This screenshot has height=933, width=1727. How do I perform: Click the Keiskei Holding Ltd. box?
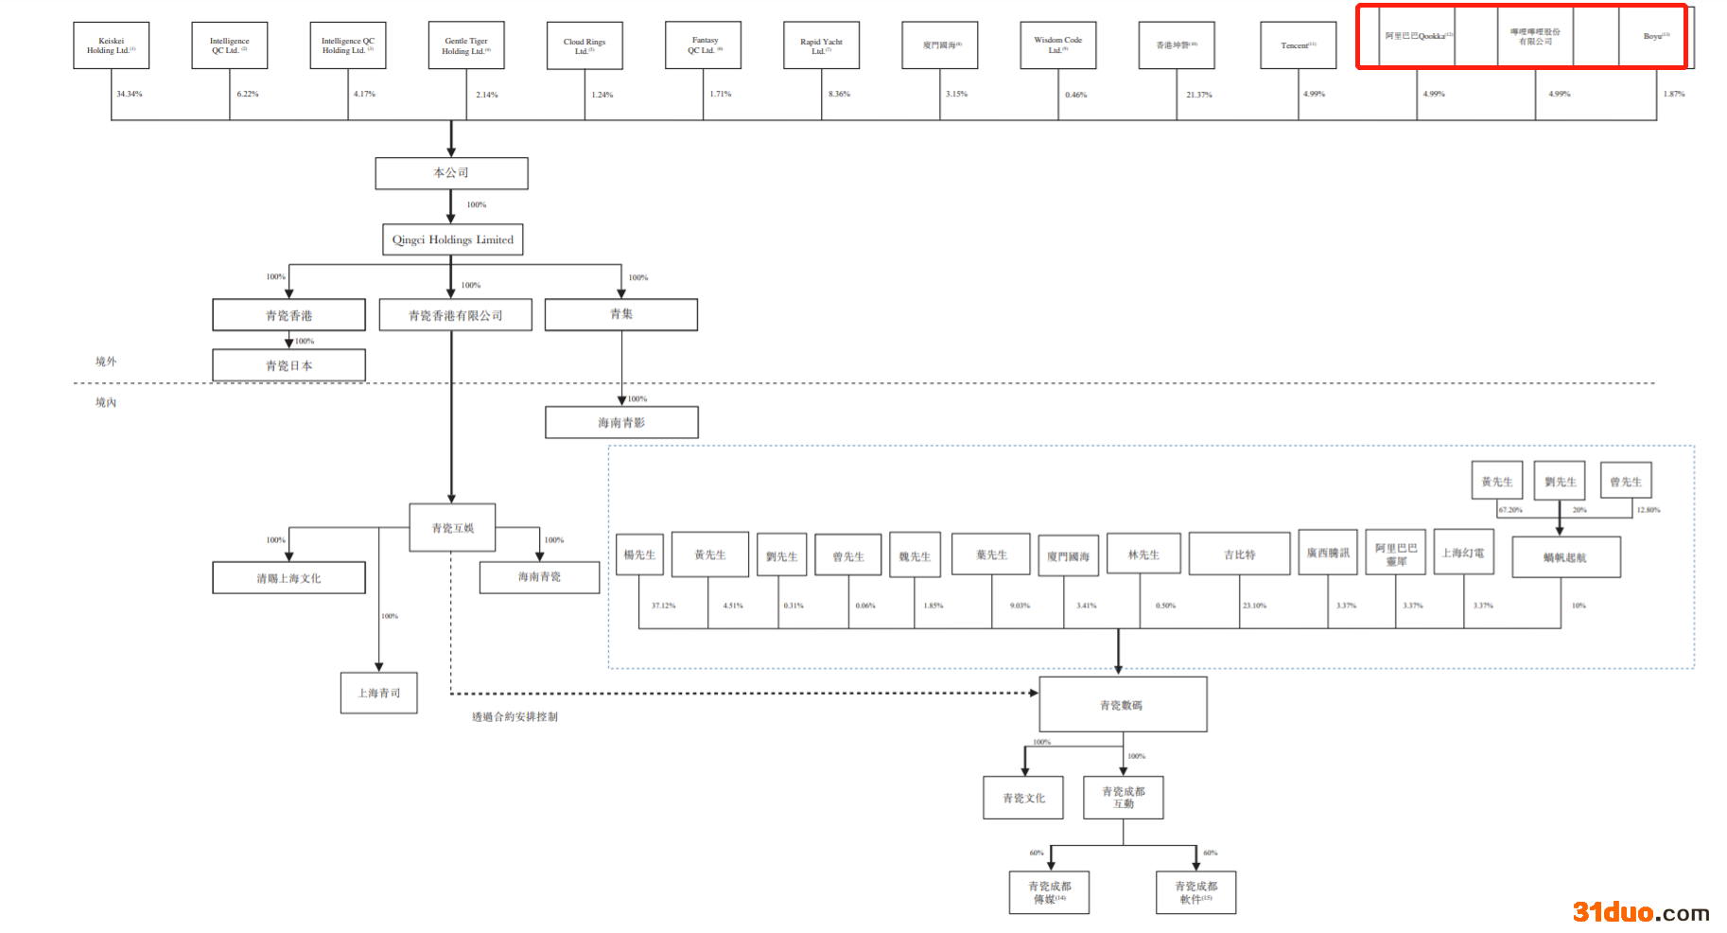coord(111,45)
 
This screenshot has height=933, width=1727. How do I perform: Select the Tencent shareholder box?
coord(1298,45)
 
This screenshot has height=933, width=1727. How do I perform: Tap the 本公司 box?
coord(451,173)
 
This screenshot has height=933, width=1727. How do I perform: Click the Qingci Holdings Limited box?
coord(452,239)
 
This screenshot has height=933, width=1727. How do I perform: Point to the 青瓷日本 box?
coord(288,365)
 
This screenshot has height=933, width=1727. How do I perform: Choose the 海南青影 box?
coord(621,422)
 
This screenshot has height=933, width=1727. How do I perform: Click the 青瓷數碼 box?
coord(1122,704)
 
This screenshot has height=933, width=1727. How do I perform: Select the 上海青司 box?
coord(378,693)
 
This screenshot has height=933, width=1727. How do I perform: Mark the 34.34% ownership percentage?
coord(130,94)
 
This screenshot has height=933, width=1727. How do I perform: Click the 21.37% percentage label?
coord(1198,95)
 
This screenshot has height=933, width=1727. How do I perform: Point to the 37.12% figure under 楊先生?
coord(663,606)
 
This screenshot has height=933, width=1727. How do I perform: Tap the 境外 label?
coord(106,361)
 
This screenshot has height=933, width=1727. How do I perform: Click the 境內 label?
coord(106,402)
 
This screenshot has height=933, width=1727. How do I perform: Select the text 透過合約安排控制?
coord(515,717)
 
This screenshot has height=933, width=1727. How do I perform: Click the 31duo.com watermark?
coord(1640,912)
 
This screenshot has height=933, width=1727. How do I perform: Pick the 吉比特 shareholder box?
coord(1239,555)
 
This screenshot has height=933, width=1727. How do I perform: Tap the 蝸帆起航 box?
coord(1565,557)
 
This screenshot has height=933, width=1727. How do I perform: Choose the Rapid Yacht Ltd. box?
coord(821,45)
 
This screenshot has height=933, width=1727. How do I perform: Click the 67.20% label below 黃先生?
coord(1510,510)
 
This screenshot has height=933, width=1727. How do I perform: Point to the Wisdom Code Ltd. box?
coord(1057,45)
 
